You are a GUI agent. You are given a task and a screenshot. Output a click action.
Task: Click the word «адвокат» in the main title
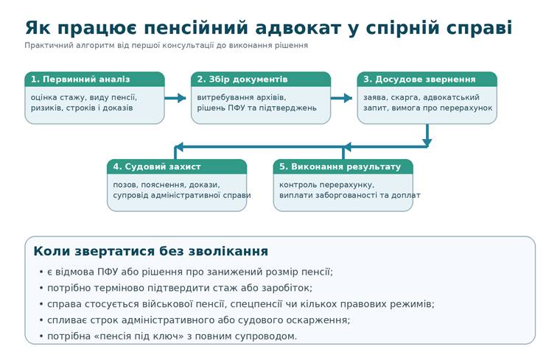click(x=298, y=28)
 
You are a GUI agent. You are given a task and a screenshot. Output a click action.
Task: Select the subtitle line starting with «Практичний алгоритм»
click(x=166, y=46)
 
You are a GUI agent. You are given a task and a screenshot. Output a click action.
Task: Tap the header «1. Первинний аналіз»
click(x=80, y=80)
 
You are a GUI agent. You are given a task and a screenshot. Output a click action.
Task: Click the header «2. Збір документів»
click(x=242, y=80)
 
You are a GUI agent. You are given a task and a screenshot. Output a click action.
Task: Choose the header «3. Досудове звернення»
click(x=419, y=80)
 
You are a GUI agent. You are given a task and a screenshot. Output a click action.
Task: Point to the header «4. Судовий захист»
click(x=157, y=166)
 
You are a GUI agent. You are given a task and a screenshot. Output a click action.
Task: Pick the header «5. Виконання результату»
click(x=340, y=166)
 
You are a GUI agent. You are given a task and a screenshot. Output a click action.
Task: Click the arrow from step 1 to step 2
click(x=175, y=98)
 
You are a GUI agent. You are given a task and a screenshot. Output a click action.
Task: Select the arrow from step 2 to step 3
click(x=341, y=98)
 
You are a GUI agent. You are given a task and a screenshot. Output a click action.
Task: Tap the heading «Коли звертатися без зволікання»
click(x=151, y=251)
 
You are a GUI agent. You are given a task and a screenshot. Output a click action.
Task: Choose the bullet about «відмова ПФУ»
click(x=186, y=272)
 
